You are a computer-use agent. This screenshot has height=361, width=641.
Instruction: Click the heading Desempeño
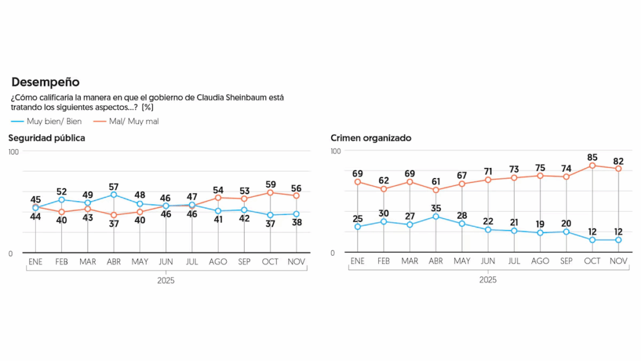(x=46, y=82)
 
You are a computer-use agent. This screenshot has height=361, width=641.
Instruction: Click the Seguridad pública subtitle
(x=46, y=138)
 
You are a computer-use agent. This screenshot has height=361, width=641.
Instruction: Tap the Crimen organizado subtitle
(x=371, y=138)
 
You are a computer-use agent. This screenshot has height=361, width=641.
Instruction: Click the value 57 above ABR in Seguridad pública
(x=113, y=186)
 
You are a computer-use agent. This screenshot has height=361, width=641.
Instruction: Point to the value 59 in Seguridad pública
(x=270, y=184)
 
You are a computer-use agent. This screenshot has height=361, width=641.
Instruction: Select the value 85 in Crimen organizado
(x=592, y=157)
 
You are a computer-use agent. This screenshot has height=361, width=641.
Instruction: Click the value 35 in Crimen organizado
(x=436, y=207)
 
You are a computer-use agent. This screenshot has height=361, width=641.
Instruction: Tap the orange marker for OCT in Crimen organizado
(x=592, y=165)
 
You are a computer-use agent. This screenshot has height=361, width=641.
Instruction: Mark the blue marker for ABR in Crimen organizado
(x=436, y=217)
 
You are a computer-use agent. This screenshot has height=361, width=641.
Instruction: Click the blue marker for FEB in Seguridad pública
(x=61, y=200)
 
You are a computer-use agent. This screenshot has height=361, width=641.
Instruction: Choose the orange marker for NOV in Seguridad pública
(x=297, y=196)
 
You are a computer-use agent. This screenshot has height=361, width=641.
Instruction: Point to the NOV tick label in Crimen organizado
(x=618, y=261)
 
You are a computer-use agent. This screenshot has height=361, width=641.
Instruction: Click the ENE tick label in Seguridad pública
(x=35, y=262)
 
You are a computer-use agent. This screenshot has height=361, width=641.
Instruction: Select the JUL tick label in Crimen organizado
(x=514, y=261)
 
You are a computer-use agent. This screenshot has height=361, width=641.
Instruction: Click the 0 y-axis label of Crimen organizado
(x=332, y=253)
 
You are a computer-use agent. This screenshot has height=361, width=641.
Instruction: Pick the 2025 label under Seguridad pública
(x=166, y=281)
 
